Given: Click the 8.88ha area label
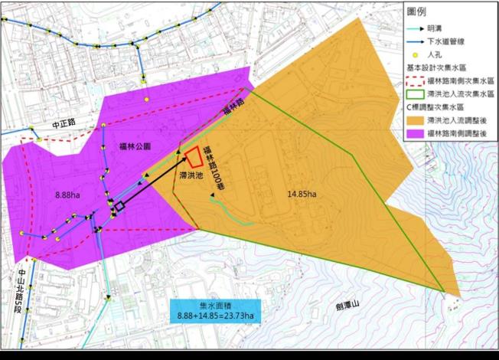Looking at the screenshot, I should [x=69, y=196].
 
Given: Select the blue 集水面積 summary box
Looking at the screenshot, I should [x=215, y=309].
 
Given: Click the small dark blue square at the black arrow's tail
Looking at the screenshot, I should [x=119, y=207].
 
